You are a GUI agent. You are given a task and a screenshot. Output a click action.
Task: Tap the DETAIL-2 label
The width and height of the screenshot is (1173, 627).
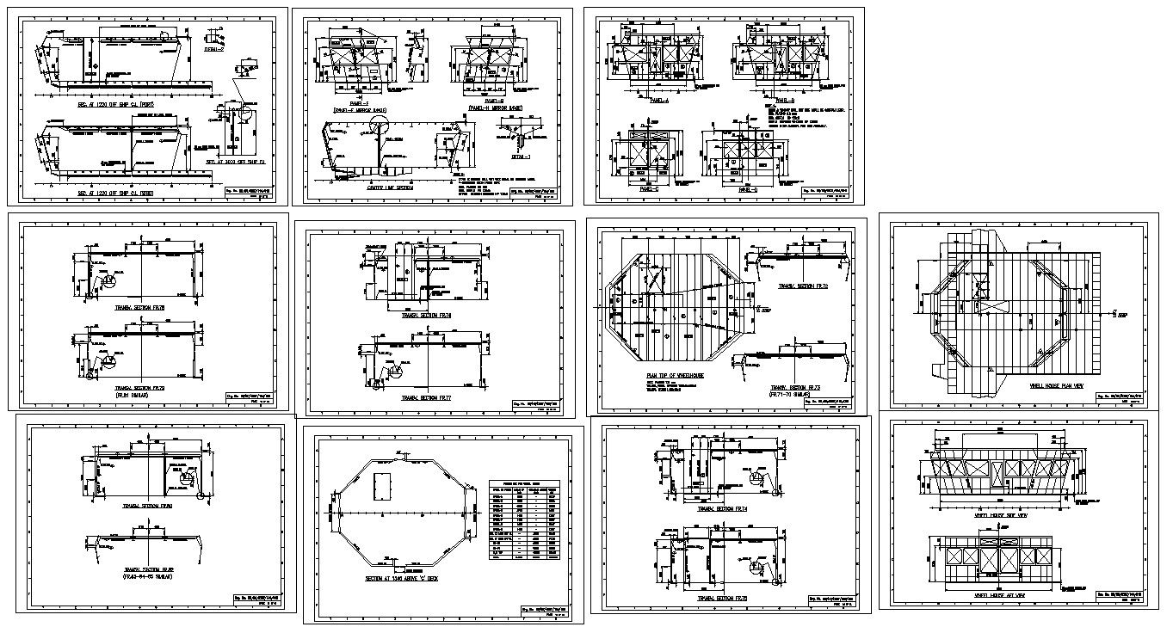coord(213,50)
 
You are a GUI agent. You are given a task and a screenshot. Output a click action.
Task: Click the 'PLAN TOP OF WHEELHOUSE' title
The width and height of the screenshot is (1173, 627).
coord(675,377)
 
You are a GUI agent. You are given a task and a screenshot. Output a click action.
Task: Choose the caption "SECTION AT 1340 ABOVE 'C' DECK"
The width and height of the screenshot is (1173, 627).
coord(401,579)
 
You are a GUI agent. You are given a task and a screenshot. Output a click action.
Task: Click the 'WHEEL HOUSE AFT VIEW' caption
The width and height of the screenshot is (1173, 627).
coord(994,593)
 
